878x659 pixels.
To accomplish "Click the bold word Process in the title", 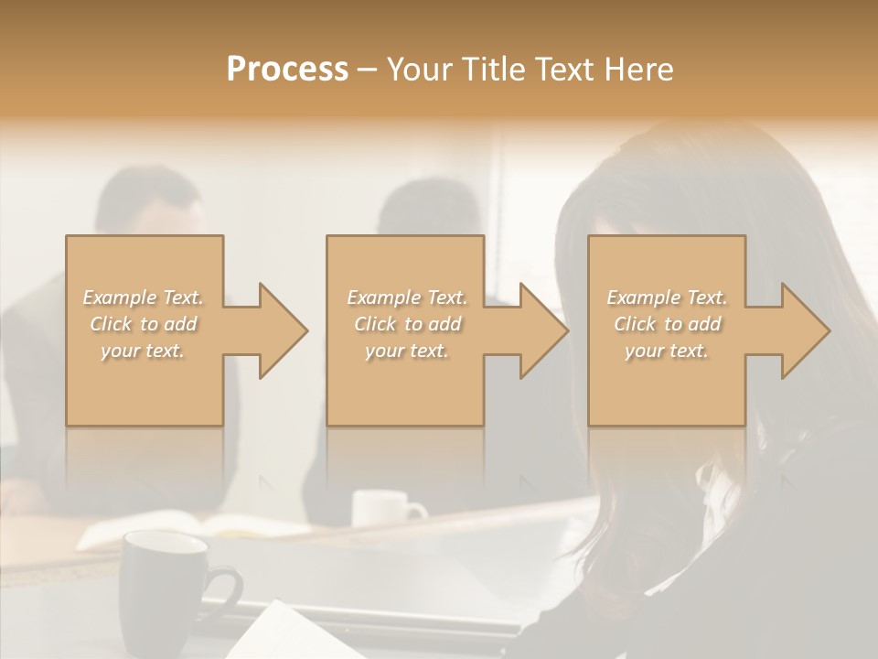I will coord(287,69).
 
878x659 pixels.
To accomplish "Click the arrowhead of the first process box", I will coord(278,330).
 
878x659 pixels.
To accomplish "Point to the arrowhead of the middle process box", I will coord(539,330).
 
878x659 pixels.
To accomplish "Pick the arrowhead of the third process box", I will coord(800,330).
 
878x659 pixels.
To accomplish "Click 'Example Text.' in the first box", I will coord(144,297).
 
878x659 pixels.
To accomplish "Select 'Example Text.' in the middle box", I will coord(407,297).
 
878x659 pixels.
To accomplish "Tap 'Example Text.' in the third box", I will coord(667,297).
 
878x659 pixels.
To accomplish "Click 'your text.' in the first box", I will coord(143,351).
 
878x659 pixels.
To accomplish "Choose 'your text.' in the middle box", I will coord(406,351).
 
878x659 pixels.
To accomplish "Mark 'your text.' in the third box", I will coord(666,351).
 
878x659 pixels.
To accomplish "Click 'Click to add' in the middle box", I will coord(407,324).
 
